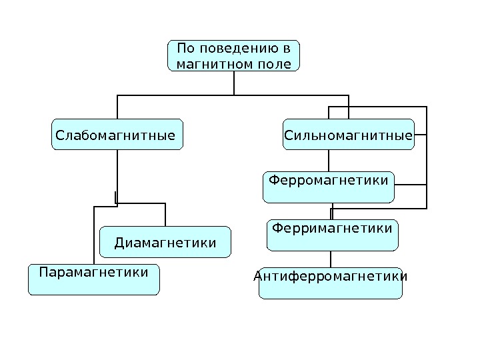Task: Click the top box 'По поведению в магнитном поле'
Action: coord(233,55)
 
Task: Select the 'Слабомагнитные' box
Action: coord(117,135)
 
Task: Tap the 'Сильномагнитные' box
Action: coord(348,135)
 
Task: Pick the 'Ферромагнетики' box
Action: coord(328,187)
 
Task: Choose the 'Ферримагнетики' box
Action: coord(332,235)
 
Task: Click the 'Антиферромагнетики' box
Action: coord(331,283)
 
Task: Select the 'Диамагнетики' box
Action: coord(165,243)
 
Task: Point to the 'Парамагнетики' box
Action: coord(93,279)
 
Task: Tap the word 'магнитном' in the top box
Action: coord(207,65)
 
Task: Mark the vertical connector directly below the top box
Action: coord(234,83)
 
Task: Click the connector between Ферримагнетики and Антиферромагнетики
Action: coord(331,259)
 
